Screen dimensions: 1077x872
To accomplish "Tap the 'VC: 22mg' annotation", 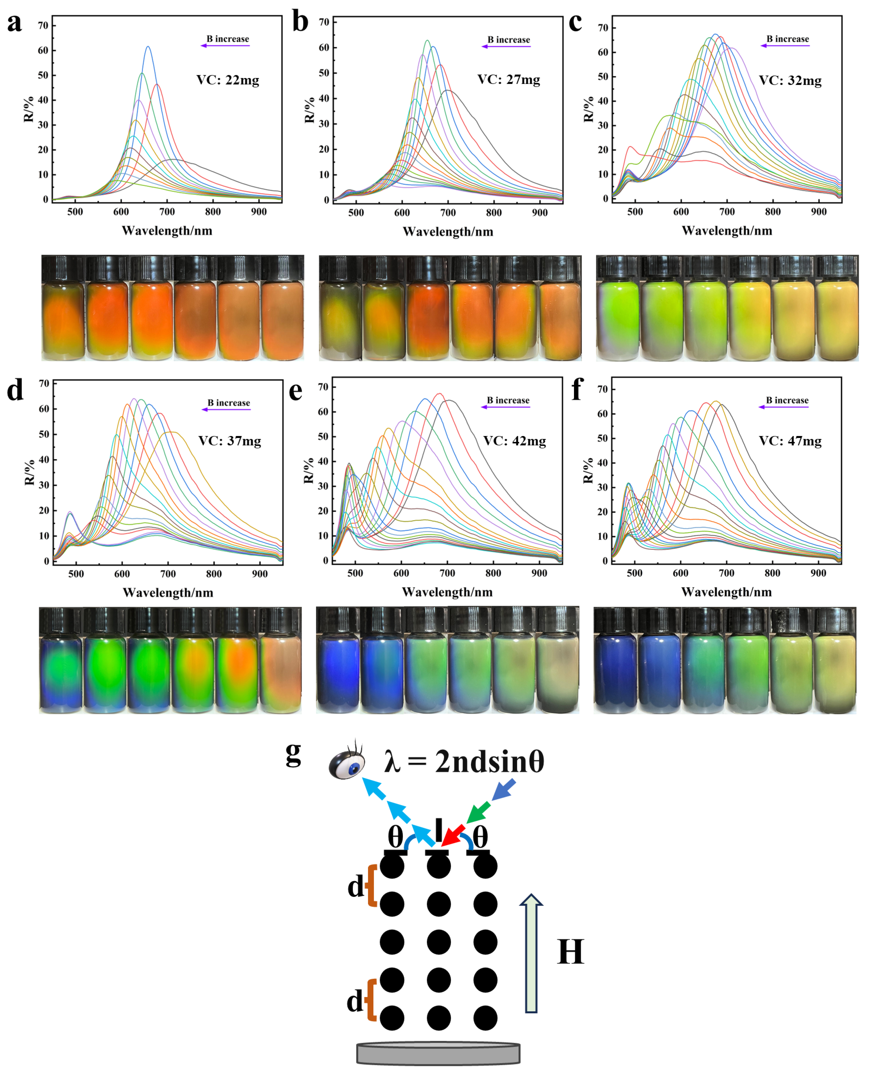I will coord(228,81).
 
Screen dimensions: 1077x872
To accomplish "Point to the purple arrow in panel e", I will coord(505,406).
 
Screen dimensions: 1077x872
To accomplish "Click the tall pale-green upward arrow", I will coord(531,953).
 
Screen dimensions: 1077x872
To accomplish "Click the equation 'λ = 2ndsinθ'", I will coord(464,761).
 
